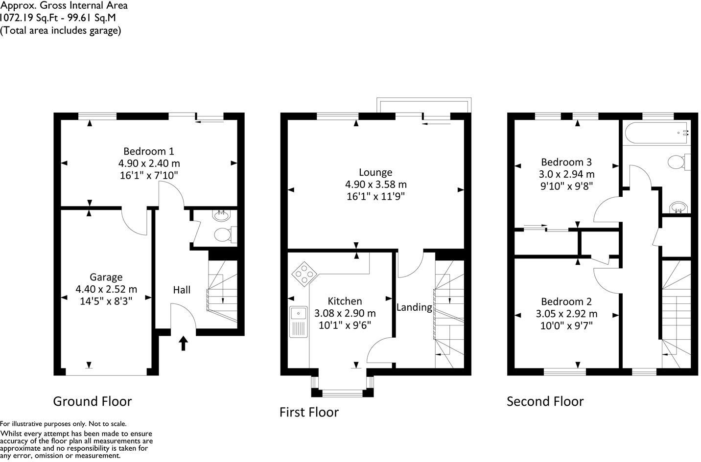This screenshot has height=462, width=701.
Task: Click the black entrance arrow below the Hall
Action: pos(184,343)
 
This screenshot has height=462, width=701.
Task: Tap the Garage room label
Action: pos(106,277)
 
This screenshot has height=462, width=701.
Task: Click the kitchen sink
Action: pos(298,322)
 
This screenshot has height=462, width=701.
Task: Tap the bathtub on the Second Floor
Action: pos(656,132)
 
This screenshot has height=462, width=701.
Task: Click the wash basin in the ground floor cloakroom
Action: pos(222,215)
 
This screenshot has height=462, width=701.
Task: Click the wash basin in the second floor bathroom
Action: pos(678,208)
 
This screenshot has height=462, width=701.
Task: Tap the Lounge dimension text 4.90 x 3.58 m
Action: pos(375,185)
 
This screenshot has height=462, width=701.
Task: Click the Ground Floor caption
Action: pos(93,401)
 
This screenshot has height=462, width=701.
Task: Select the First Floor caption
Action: pos(309,412)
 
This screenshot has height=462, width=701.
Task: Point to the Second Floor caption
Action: pos(545,401)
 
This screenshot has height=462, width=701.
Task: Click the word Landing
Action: pos(414,307)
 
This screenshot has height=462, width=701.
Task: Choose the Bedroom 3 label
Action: pos(566,162)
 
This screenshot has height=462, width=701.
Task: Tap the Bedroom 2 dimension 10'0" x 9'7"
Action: pos(566,326)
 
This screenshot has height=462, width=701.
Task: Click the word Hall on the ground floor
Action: pos(182,290)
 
